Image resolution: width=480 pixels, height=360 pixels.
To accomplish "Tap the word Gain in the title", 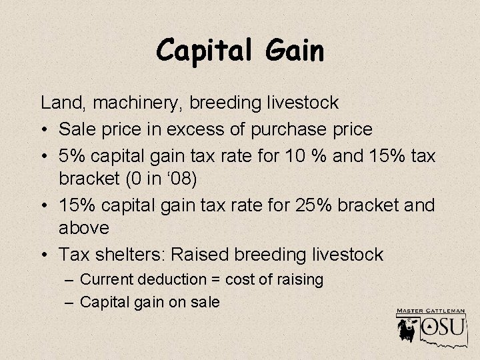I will point(294,49).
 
